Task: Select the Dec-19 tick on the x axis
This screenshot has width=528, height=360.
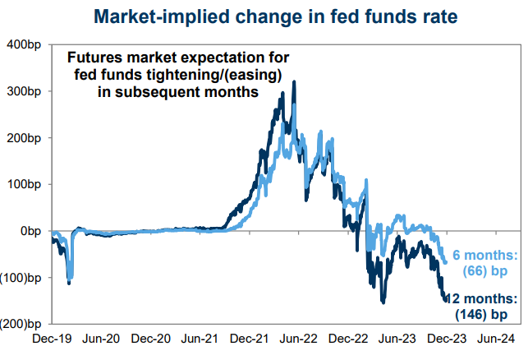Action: (52, 337)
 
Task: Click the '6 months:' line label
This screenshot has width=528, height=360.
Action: (484, 255)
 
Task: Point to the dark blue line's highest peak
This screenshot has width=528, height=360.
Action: (294, 81)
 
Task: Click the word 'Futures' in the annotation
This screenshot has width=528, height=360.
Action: (94, 59)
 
